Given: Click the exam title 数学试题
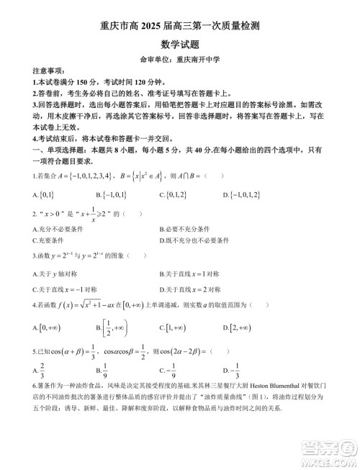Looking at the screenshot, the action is coord(180,45).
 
